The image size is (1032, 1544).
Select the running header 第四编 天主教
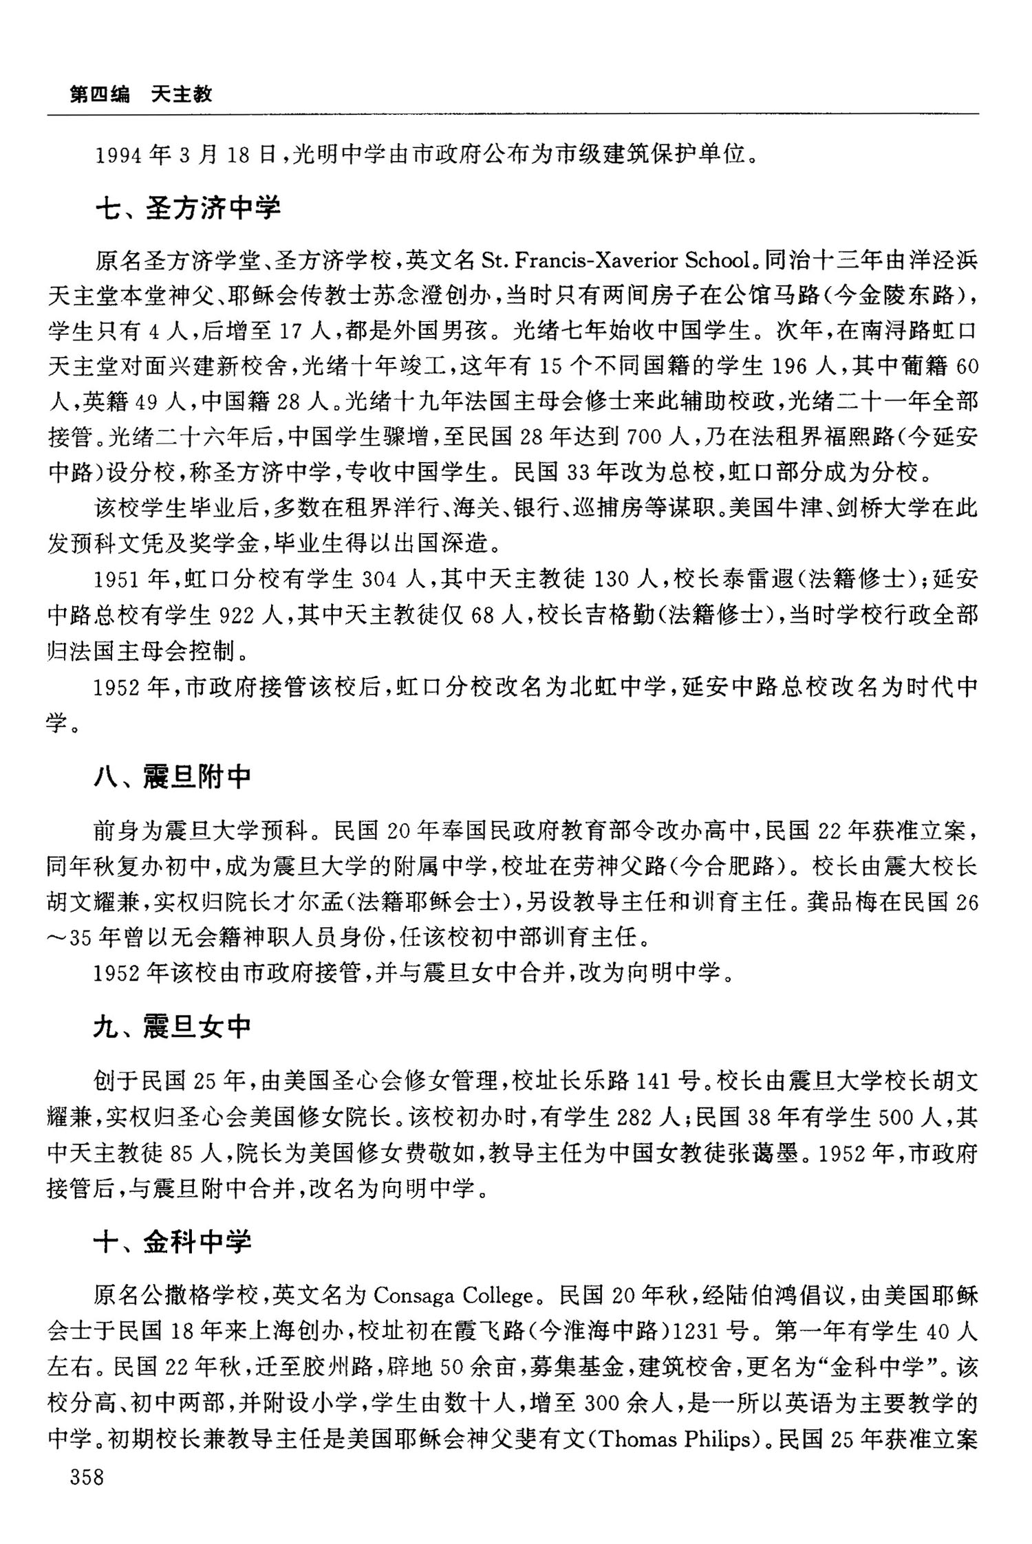click(141, 94)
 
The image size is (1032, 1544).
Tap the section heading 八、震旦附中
click(172, 776)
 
